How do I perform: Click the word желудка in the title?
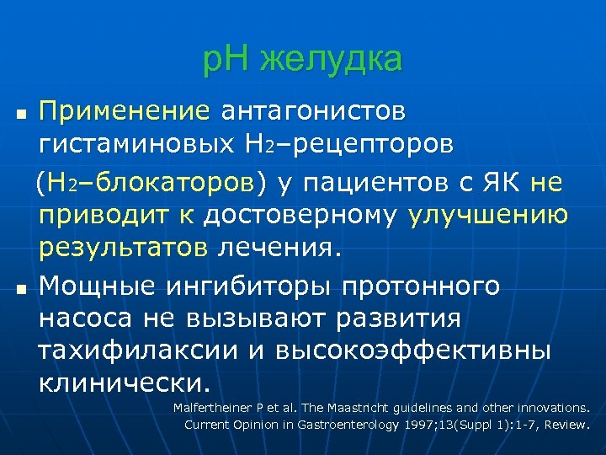point(332,60)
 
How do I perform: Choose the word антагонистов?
point(313,110)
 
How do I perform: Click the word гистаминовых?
point(135,146)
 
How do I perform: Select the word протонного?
point(420,286)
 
